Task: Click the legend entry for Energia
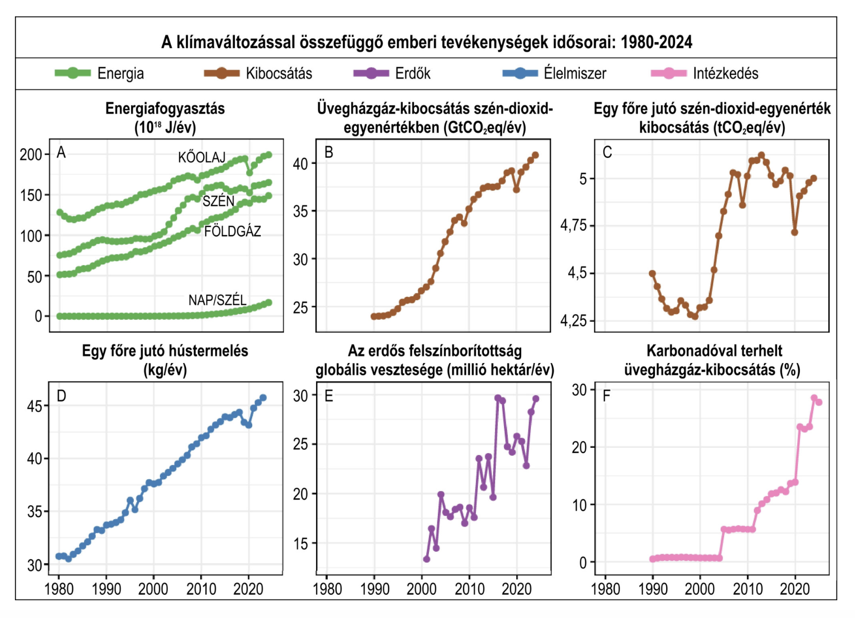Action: coord(99,74)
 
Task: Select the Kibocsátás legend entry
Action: coord(258,74)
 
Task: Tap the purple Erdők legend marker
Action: coord(371,74)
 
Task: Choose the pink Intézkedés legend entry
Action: coord(704,74)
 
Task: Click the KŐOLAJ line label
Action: coord(202,158)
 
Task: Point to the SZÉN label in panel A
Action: coord(218,201)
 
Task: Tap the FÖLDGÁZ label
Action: coord(232,231)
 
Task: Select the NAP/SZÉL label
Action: coord(217,300)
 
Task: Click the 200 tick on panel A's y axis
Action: coord(31,155)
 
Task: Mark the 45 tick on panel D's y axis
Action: coord(34,406)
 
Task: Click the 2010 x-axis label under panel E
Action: coord(469,589)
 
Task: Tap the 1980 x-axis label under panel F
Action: coord(605,589)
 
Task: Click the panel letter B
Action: coord(329,152)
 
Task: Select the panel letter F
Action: coord(607,396)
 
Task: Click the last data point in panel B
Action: coord(535,155)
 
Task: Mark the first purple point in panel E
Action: coord(426,559)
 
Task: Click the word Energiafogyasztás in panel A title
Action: coord(165,109)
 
